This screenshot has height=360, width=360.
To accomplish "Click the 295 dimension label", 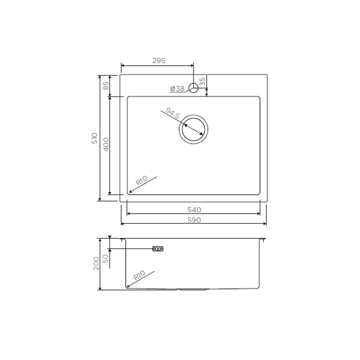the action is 159,61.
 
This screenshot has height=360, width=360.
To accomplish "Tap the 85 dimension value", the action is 106,86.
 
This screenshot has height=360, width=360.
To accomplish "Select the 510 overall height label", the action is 94,138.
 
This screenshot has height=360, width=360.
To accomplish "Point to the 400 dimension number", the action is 106,144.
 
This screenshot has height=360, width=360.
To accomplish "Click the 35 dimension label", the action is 202,82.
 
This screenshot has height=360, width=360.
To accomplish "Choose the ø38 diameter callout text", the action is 178,89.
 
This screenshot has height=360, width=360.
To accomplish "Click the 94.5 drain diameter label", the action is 173,113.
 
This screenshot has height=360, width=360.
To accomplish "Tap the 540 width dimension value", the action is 194,210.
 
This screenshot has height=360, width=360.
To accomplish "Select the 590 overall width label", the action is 194,220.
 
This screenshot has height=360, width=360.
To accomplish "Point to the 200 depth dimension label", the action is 96,263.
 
